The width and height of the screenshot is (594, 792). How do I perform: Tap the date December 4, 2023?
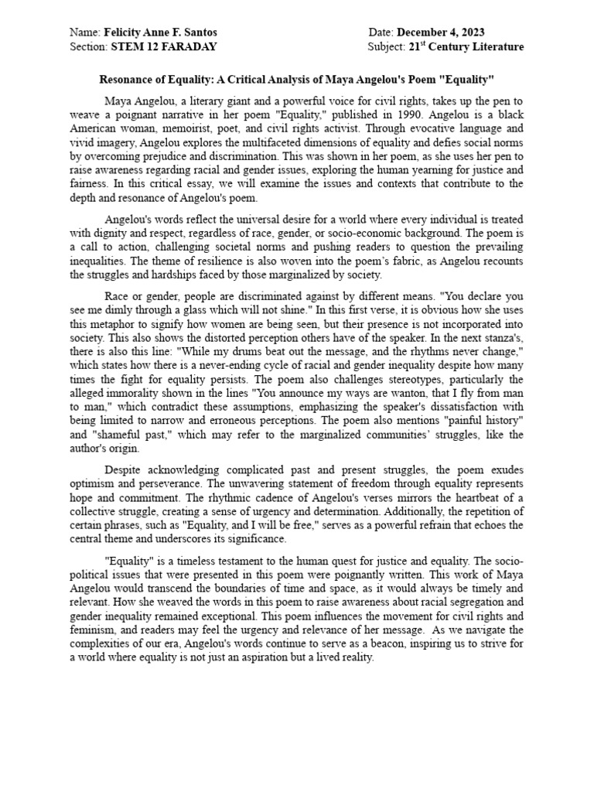tap(441, 32)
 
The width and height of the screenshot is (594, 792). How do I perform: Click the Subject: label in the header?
tap(386, 46)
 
